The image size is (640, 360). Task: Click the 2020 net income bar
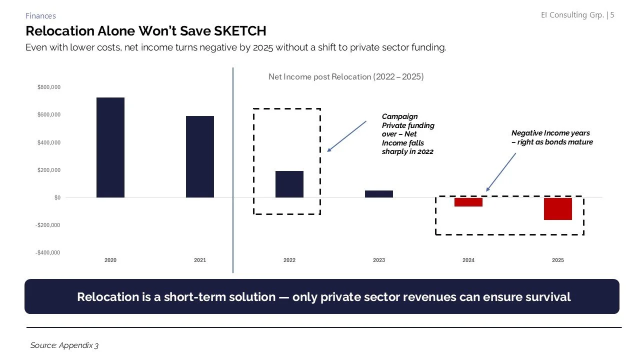pos(110,147)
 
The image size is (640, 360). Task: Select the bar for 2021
pos(200,157)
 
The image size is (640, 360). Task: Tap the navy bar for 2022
pos(289,184)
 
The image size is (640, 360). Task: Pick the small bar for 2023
pos(379,194)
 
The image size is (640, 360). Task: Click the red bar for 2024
pos(468,202)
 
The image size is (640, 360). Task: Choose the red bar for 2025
pos(558,209)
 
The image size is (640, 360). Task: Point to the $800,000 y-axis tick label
pos(48,87)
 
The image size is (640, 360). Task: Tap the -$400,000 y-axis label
pos(47,252)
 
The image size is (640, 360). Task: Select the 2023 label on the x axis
pos(379,260)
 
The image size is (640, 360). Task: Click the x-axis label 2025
pos(558,260)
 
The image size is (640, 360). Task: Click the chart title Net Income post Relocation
pos(346,77)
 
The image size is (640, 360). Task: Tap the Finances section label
pos(40,16)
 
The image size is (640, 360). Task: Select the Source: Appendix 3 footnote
pos(64,345)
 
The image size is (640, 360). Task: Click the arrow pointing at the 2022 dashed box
pos(347,135)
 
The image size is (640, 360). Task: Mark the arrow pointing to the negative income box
pos(500,172)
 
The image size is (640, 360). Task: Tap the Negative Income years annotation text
pos(551,137)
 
